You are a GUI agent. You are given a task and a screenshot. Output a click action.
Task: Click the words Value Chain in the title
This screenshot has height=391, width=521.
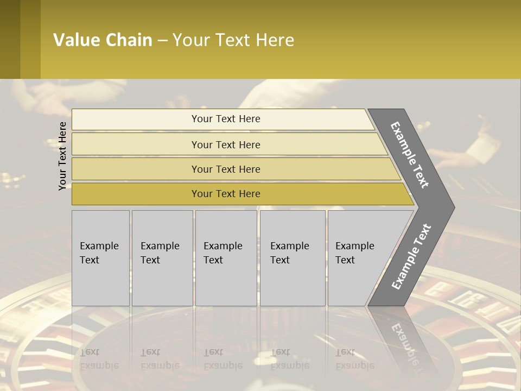pos(103,40)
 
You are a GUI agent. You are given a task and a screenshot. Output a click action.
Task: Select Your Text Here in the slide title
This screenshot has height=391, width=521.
pos(233,40)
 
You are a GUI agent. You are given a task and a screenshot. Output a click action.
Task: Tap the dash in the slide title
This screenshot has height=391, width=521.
pos(162,41)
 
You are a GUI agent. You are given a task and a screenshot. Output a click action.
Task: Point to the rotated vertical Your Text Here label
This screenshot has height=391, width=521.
pos(62,156)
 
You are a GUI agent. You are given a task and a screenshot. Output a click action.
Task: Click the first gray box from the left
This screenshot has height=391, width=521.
pos(100,258)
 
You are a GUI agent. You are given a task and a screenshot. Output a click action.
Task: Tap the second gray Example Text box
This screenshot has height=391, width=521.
pos(162,258)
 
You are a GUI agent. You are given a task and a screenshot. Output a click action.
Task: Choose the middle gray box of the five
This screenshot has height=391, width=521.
pos(226,258)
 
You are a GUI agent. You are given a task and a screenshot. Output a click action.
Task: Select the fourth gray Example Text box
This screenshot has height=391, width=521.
pos(292,258)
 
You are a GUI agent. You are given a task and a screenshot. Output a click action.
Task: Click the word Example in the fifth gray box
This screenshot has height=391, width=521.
pos(354,246)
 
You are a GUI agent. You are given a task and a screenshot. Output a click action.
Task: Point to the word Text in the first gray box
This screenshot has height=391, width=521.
pos(90,260)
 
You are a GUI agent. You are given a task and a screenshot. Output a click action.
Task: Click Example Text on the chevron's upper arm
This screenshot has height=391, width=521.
pos(410,155)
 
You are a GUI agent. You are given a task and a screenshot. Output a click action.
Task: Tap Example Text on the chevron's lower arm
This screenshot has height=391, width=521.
pos(411,256)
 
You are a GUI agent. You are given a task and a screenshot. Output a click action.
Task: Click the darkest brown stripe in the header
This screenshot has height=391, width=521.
pos(10,39)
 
